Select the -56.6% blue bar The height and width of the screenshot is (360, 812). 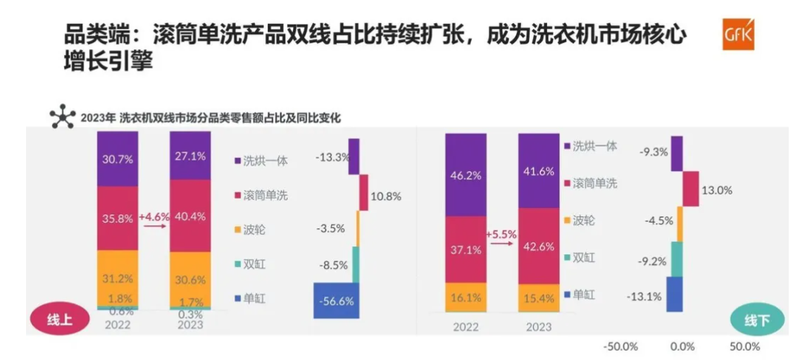[x=337, y=300]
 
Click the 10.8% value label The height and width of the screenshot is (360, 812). [x=386, y=197]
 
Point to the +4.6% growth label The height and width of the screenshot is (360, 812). [x=154, y=217]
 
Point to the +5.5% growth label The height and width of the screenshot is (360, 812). [x=501, y=234]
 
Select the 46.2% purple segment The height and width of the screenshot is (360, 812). [x=466, y=174]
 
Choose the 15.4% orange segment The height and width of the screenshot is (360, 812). [x=539, y=297]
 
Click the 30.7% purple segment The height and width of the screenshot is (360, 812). [x=118, y=159]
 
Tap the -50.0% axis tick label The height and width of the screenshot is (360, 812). [x=620, y=347]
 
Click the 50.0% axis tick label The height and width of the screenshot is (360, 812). [x=744, y=347]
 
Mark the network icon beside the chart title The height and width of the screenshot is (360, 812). [x=62, y=116]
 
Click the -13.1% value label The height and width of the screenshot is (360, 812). [x=644, y=297]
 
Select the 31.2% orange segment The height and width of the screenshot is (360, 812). [x=118, y=278]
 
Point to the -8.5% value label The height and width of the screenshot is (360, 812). [x=332, y=264]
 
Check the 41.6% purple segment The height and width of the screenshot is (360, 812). [x=539, y=170]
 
